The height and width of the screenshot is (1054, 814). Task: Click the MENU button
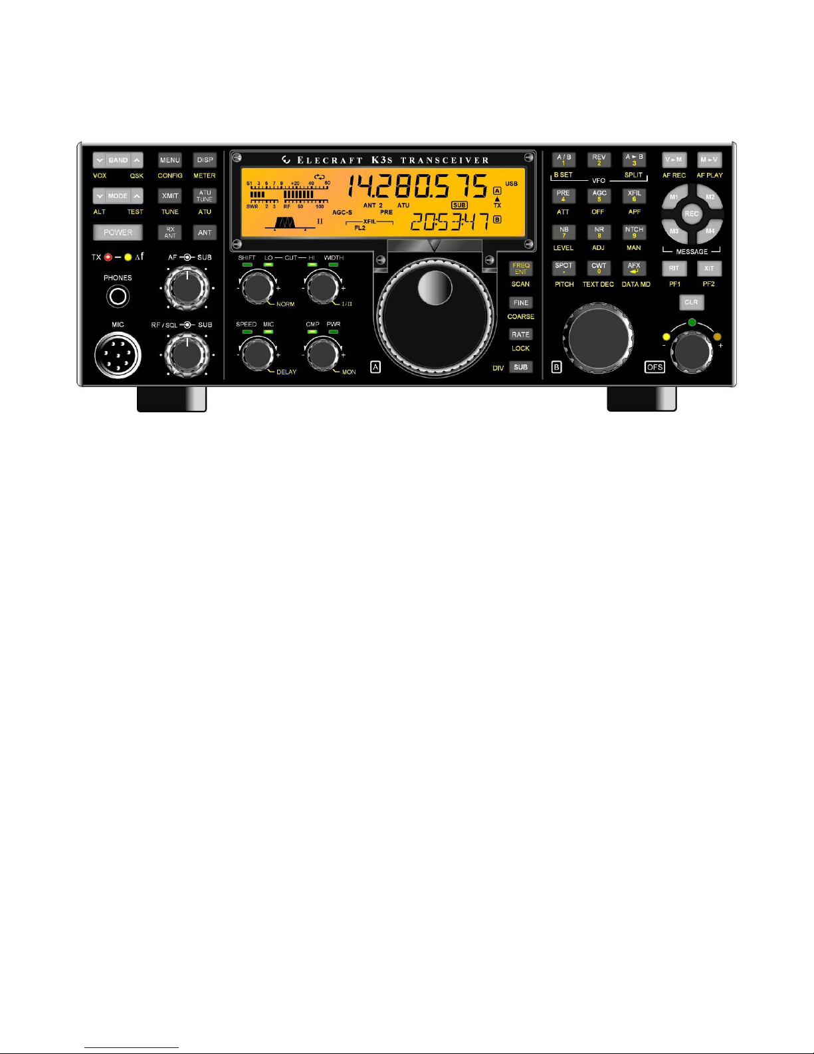click(169, 160)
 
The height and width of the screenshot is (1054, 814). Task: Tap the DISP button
click(205, 160)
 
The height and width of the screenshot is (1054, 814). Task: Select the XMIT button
click(169, 196)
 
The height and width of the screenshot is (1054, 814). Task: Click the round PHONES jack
click(118, 297)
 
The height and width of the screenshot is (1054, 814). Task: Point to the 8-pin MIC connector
click(118, 355)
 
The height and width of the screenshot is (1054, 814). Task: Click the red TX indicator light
click(108, 257)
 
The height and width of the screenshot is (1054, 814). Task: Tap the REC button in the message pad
click(691, 214)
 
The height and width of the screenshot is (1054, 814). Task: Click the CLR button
click(691, 303)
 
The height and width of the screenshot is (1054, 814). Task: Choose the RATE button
click(520, 334)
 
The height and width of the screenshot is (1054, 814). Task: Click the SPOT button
click(563, 268)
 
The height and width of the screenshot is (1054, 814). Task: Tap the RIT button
click(674, 269)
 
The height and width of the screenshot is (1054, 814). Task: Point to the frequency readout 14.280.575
click(418, 186)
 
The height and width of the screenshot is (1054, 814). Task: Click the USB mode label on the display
click(511, 184)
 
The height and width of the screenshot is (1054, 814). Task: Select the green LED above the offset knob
click(692, 323)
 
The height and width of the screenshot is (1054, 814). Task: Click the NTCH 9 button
click(634, 232)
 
